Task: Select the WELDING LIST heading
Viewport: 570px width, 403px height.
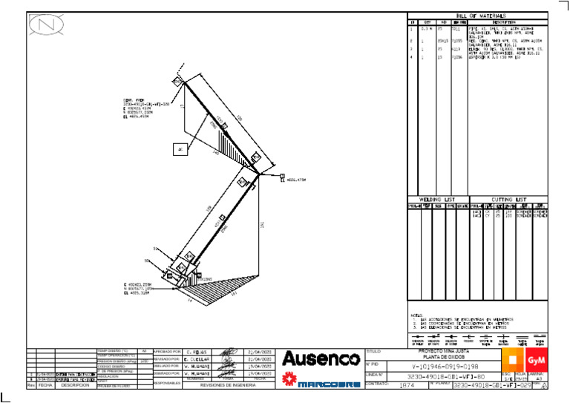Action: pyautogui.click(x=438, y=200)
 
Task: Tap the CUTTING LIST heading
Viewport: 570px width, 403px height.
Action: pyautogui.click(x=509, y=200)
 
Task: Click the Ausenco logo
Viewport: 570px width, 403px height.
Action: pyautogui.click(x=321, y=359)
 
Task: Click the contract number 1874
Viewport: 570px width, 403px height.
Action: pyautogui.click(x=407, y=386)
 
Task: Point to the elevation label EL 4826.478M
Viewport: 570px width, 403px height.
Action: pyautogui.click(x=296, y=180)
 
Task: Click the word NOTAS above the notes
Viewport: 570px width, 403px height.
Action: pyautogui.click(x=416, y=315)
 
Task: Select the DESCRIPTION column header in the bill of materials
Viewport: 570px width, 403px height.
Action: pyautogui.click(x=503, y=22)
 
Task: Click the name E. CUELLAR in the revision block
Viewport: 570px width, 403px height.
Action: pyautogui.click(x=199, y=359)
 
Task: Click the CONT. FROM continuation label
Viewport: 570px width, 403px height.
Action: pyautogui.click(x=134, y=100)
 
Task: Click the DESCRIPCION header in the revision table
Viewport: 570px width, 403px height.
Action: pyautogui.click(x=75, y=386)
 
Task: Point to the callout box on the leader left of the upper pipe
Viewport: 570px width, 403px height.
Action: pyautogui.click(x=180, y=149)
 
